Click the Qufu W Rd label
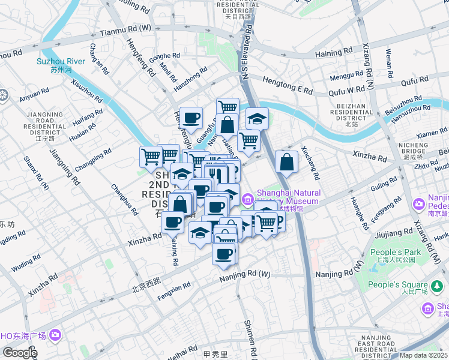coord(347,91)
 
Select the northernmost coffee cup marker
coord(191,118)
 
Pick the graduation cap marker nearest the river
coord(256,118)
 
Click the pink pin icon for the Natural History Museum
coord(247,198)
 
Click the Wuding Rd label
coord(26,262)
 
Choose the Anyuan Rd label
coord(34,94)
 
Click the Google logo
coord(19,353)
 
